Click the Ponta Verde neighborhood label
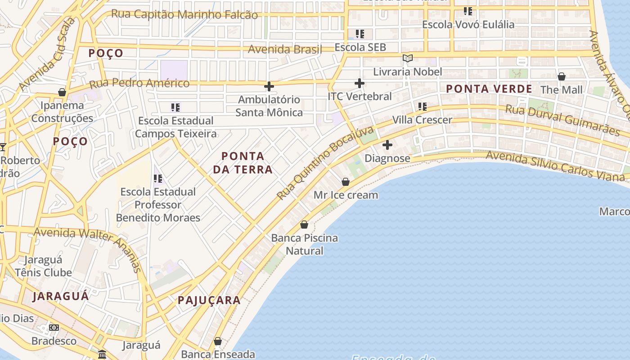[489, 89]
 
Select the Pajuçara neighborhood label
[209, 300]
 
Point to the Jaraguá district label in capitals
[61, 296]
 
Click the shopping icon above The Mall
[562, 76]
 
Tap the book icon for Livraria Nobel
[408, 58]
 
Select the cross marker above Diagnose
[387, 145]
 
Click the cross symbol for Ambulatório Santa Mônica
[269, 86]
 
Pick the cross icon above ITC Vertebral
[360, 83]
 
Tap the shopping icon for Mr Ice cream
[346, 182]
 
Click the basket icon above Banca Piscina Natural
[304, 224]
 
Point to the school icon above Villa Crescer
[422, 107]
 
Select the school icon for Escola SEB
[360, 34]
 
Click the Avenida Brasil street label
[285, 49]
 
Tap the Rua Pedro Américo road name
[139, 83]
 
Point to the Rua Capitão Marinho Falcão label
[184, 14]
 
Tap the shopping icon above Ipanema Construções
[62, 92]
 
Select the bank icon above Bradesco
[54, 328]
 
